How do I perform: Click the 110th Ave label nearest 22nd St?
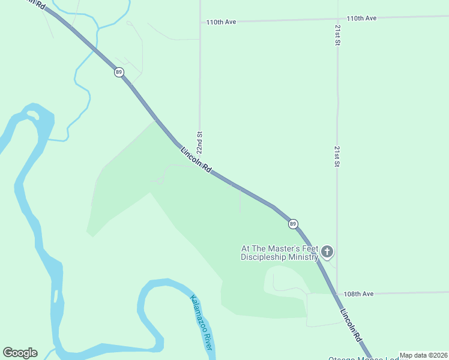(221, 22)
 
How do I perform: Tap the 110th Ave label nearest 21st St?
(361, 18)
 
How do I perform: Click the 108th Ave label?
(359, 294)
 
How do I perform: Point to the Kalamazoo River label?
(202, 323)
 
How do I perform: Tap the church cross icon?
(327, 251)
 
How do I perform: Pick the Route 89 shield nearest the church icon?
(292, 224)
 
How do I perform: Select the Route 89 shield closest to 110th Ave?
(119, 72)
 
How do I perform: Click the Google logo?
(20, 353)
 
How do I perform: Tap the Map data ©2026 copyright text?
(423, 355)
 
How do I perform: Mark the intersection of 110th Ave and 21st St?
(337, 19)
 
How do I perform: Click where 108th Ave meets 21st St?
(337, 293)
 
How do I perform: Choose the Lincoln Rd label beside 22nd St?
(196, 160)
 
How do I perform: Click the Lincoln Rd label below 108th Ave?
(351, 325)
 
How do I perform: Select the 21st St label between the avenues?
(337, 155)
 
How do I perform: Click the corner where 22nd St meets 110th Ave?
(200, 22)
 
